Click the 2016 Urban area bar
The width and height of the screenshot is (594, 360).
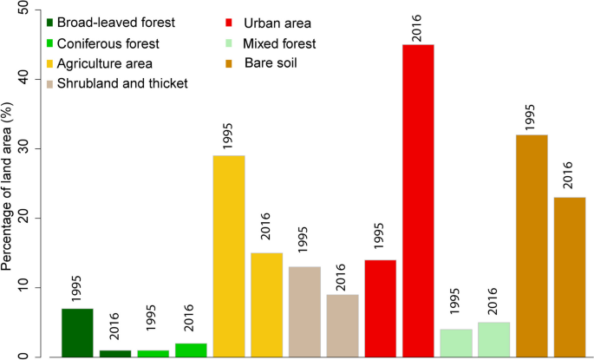[419, 200]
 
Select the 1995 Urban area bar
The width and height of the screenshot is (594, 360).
[381, 308]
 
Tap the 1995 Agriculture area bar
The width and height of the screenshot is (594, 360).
[229, 256]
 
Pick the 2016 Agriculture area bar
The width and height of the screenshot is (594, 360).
[267, 304]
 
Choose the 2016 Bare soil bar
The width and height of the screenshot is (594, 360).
[570, 277]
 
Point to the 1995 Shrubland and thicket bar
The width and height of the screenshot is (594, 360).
[305, 311]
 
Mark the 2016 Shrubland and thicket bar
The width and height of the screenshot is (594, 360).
[343, 325]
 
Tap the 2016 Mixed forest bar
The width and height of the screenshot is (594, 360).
[494, 339]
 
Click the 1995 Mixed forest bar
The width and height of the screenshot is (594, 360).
[456, 343]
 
